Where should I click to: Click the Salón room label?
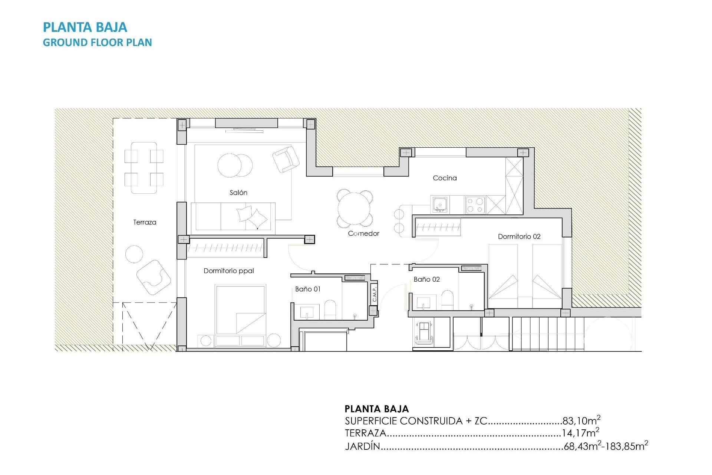238,193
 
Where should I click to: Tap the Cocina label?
445,178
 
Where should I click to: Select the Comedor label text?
363,233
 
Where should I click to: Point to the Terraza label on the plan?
145,222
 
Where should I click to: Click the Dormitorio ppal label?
228,271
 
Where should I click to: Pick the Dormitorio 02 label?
519,236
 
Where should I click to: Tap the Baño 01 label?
307,289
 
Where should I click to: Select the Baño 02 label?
426,279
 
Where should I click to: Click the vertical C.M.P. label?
375,294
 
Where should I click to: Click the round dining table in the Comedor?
355,208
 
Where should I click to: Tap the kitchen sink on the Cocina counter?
440,204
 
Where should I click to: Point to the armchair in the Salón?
286,159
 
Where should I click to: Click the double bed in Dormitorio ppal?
241,310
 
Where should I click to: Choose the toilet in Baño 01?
330,309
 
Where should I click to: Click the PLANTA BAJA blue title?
85,27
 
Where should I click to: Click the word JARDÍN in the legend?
362,446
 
